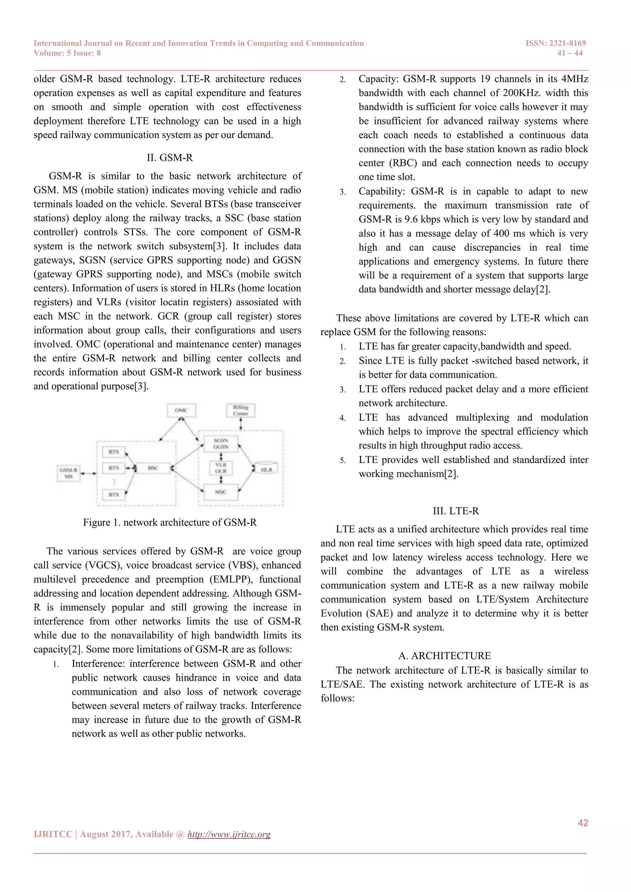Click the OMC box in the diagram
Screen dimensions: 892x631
coord(181,410)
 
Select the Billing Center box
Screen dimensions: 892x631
coord(241,410)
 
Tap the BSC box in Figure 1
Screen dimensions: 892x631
coord(153,468)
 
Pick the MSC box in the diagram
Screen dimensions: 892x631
coord(221,492)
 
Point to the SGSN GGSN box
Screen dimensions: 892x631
coord(221,444)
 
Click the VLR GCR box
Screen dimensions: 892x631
coord(221,468)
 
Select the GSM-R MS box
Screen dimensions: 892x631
coord(68,473)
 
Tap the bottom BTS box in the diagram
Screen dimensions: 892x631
coord(113,495)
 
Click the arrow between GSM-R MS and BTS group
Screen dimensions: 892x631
coord(89,473)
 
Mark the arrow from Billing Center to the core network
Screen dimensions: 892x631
coord(241,424)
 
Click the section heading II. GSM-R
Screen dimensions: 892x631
coord(169,158)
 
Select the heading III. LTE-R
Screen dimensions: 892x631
coord(456,511)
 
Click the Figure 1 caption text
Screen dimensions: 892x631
coord(170,522)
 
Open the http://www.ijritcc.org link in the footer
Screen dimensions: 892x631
coord(229,834)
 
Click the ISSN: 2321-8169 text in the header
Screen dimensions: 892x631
coord(556,43)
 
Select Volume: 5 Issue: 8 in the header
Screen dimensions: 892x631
coord(67,53)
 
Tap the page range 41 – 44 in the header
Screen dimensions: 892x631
coord(570,53)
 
